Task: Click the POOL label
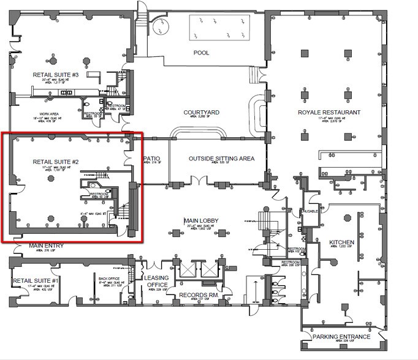(201, 53)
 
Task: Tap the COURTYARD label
(202, 112)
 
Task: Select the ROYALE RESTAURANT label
(329, 112)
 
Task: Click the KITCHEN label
(342, 242)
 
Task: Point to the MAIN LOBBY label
(202, 220)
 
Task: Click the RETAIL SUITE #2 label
(56, 162)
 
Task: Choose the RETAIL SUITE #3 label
(56, 75)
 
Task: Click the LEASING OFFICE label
(157, 282)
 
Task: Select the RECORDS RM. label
(198, 295)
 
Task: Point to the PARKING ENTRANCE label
(341, 337)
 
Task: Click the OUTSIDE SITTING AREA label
(221, 159)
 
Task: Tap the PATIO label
(151, 158)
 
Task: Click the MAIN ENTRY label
(47, 246)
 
